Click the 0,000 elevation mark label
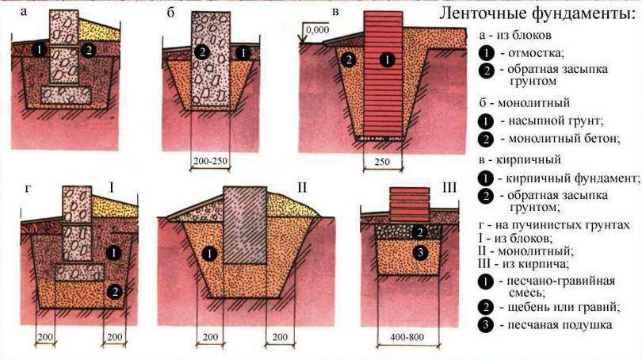coord(317,29)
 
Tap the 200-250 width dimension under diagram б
coord(210,161)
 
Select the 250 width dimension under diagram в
coord(382,162)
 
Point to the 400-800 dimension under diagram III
coord(407,337)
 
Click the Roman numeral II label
coord(302,188)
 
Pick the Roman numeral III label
coord(449,188)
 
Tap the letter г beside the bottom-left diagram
coord(28,190)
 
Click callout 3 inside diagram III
coord(420,253)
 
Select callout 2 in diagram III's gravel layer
coord(419,232)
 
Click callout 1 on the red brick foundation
coord(387,60)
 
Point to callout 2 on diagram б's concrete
coord(202,52)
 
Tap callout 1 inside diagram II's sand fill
coord(209,254)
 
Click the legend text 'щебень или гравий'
coord(561,307)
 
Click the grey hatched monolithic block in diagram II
coord(245,225)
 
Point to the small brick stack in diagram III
coord(410,205)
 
